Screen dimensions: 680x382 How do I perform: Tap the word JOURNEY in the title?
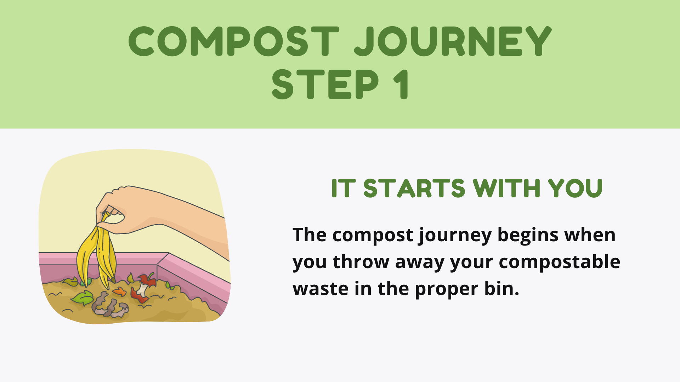click(x=453, y=41)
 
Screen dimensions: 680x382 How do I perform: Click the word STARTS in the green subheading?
click(x=414, y=188)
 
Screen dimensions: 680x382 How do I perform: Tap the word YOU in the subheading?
click(x=575, y=188)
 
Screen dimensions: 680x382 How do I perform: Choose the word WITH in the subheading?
click(x=506, y=188)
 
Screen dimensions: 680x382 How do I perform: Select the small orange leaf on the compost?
click(x=120, y=292)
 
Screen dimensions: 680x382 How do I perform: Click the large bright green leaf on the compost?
click(x=83, y=298)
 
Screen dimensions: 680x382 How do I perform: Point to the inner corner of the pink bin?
click(x=157, y=265)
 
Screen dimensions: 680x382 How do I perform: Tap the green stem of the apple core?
click(x=151, y=275)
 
